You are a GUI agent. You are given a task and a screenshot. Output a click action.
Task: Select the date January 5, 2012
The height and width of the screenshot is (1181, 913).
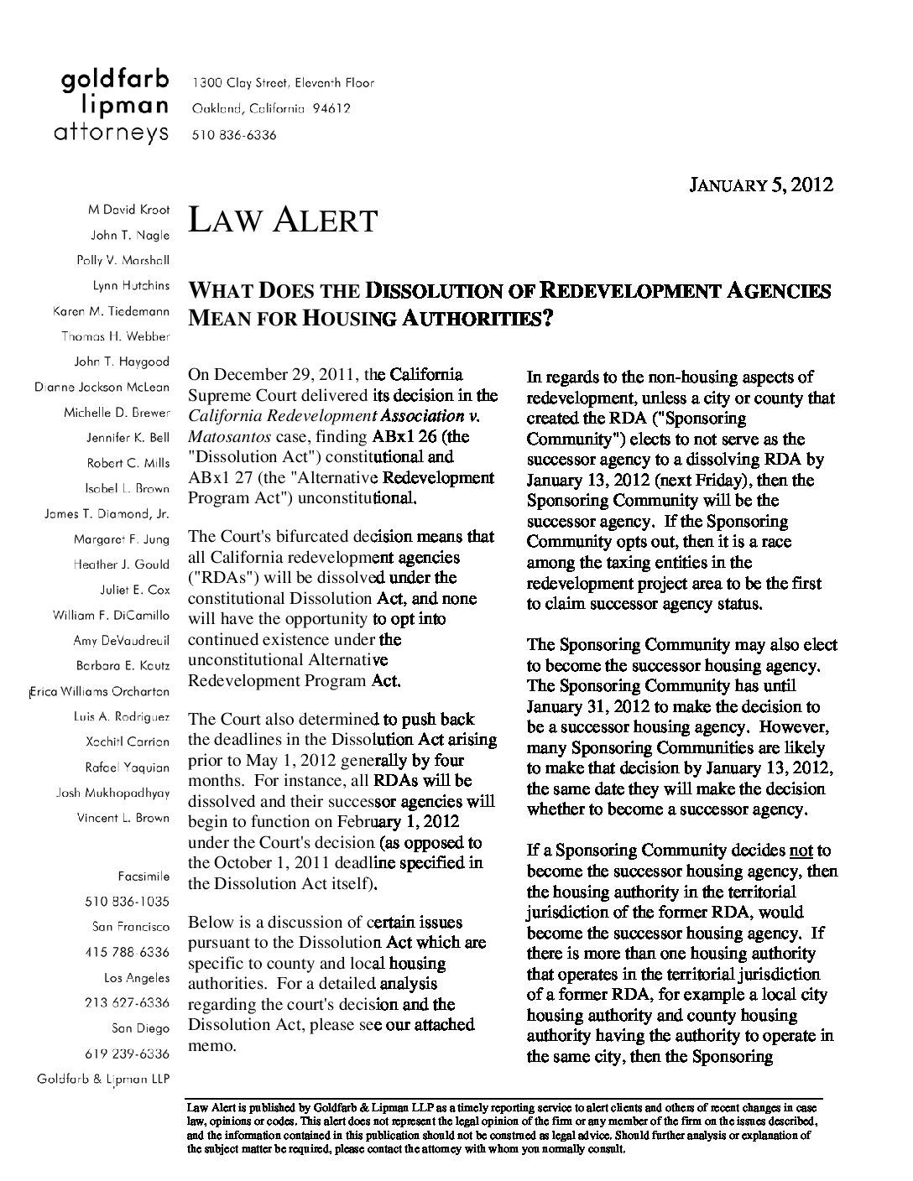pos(760,185)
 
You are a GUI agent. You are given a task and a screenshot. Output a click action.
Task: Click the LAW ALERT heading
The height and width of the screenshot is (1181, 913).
pos(282,221)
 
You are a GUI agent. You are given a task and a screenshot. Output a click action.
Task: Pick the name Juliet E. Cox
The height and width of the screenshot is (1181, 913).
pos(134,590)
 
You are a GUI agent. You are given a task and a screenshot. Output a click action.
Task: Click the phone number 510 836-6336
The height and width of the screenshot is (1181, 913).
pos(234,134)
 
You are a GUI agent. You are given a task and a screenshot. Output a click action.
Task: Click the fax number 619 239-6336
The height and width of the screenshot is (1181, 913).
pos(127,1054)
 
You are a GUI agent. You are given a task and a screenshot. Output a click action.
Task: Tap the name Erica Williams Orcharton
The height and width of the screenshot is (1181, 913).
pos(100,692)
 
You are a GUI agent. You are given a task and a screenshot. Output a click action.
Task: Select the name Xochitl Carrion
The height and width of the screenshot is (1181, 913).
pos(128,742)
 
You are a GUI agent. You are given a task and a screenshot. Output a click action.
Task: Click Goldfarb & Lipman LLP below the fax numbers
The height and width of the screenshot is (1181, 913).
pos(103,1079)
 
